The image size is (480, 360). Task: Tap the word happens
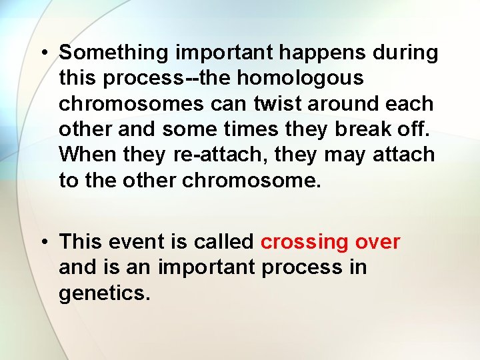[320, 53]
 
